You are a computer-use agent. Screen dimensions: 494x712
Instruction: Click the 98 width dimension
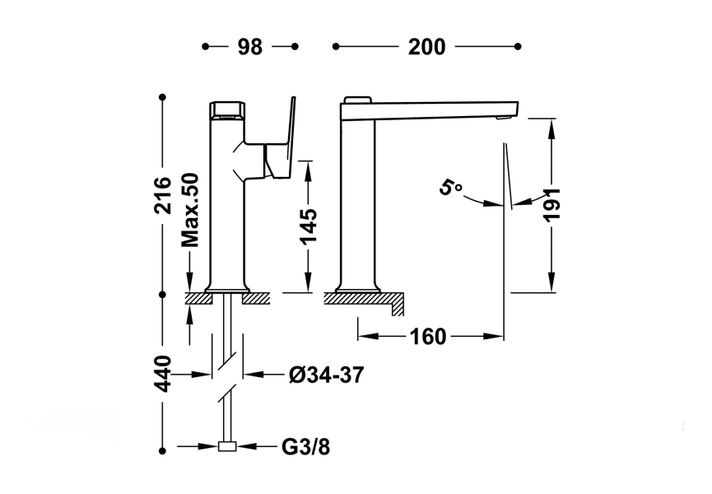click(x=250, y=47)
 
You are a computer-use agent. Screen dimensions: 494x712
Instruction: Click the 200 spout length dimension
click(x=427, y=47)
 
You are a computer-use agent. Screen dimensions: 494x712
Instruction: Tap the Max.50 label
click(x=191, y=211)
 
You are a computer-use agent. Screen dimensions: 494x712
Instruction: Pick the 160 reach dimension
click(x=428, y=337)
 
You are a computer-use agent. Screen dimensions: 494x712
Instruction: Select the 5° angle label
click(x=451, y=189)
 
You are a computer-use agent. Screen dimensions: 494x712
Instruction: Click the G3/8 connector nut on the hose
click(x=226, y=447)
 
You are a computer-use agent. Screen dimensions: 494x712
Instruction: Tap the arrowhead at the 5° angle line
click(x=496, y=203)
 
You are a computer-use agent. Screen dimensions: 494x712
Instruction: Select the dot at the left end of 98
click(x=205, y=47)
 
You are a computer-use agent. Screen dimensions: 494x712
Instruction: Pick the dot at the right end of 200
click(x=518, y=47)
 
